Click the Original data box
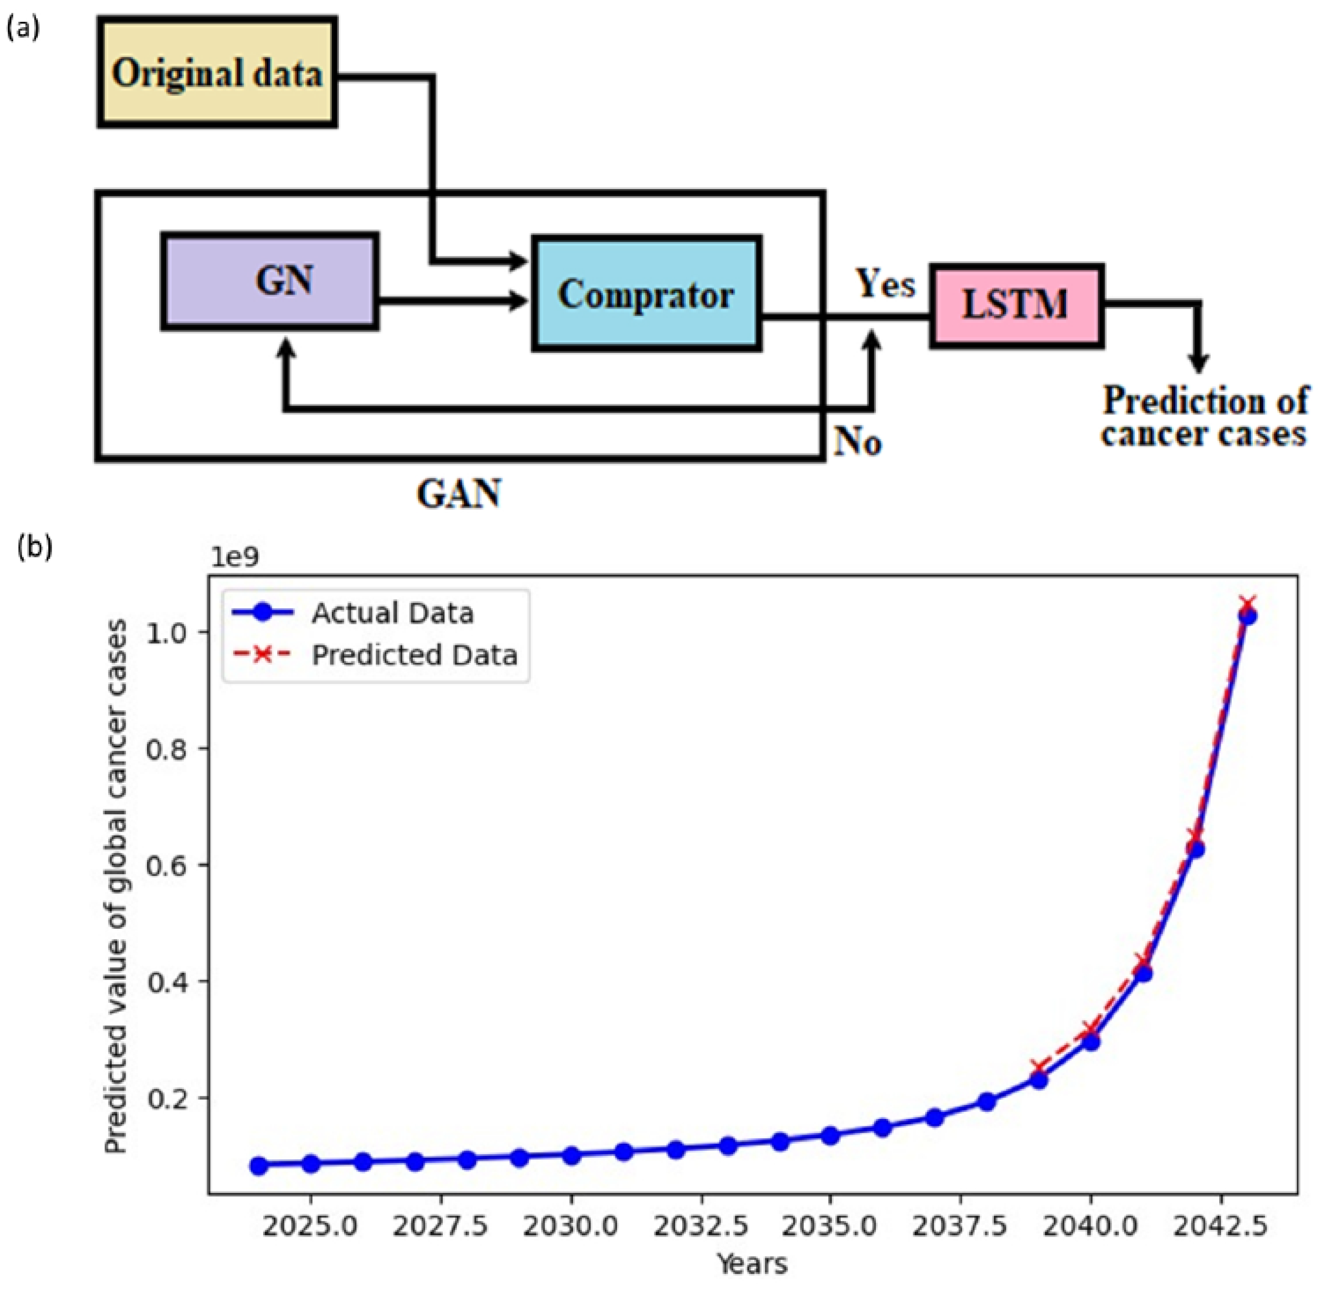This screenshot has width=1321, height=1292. click(x=217, y=72)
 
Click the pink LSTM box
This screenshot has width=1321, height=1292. click(x=1016, y=305)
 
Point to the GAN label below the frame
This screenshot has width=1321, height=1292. click(x=459, y=493)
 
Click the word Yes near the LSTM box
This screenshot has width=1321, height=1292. click(x=885, y=283)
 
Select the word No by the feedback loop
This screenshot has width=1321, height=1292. click(x=857, y=442)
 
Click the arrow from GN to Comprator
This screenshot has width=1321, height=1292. click(x=451, y=300)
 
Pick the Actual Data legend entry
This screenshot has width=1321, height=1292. click(x=392, y=613)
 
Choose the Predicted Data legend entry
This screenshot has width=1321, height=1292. click(x=414, y=655)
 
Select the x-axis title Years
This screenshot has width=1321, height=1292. click(x=752, y=1264)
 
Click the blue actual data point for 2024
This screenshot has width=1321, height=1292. click(x=258, y=1166)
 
